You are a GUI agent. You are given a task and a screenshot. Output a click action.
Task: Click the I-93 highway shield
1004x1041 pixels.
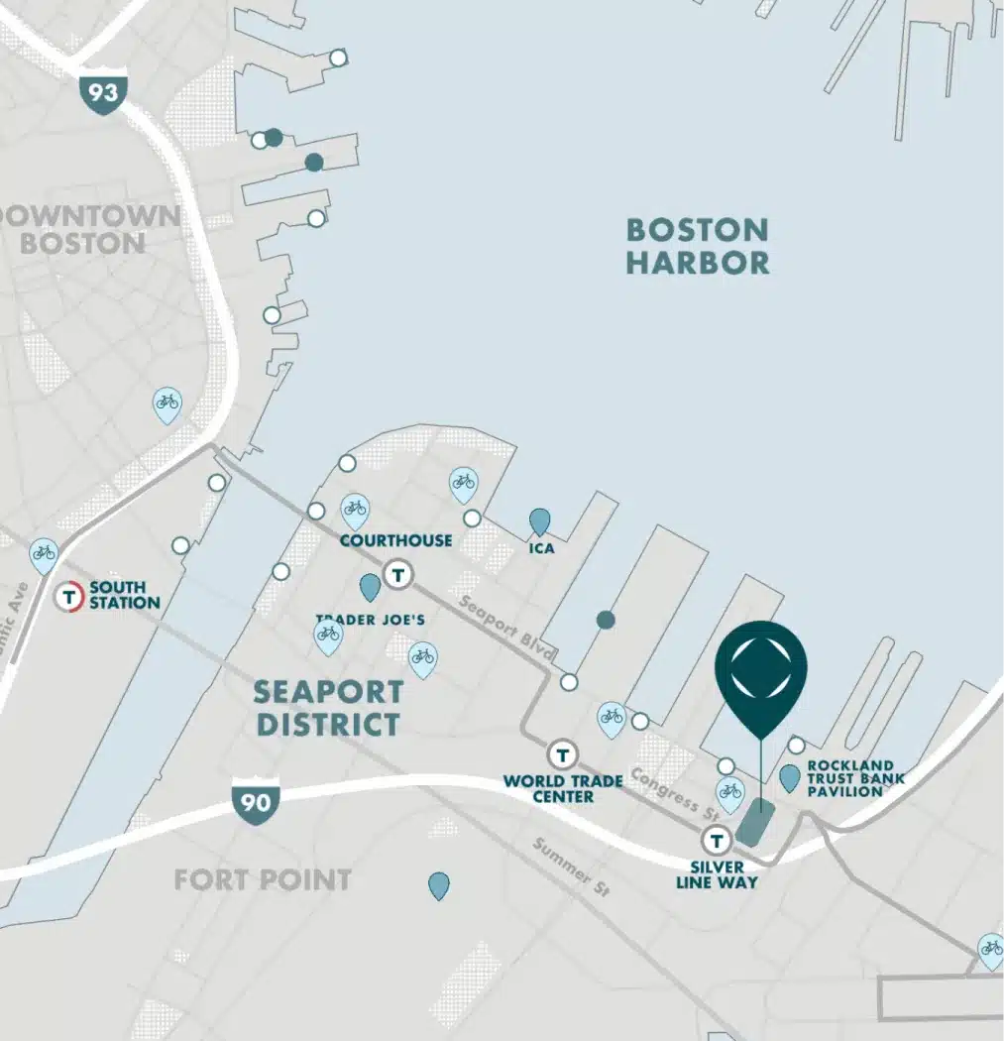pos(102,94)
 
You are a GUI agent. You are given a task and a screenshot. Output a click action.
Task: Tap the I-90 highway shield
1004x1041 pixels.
pos(256,800)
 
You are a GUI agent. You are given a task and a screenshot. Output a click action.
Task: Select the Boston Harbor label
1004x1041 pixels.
pos(697,246)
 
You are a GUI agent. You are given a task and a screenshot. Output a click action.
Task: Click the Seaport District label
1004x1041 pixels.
pos(327,707)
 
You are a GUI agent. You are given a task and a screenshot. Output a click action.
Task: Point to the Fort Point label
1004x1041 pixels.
pos(262,879)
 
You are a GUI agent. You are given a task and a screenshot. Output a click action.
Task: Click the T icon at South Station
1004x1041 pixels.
pos(69,597)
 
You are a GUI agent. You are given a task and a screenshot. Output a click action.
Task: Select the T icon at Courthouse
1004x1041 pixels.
pos(398,573)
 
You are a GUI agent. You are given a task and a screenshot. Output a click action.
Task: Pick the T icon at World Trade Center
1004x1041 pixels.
pos(563,754)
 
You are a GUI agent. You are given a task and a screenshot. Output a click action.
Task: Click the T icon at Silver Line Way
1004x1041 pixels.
pos(716,842)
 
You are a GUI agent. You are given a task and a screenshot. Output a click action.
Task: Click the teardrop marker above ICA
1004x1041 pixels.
pos(539,520)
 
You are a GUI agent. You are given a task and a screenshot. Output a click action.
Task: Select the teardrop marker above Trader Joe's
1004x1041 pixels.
pos(370,587)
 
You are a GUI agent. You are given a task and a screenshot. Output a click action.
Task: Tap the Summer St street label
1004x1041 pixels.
pos(561,864)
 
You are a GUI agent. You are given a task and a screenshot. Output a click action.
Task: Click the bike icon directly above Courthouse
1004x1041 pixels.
pos(355,511)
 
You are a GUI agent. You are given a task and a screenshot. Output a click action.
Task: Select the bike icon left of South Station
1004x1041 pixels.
pos(43,554)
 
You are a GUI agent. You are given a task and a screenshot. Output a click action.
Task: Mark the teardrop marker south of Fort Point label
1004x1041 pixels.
pos(438,885)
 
